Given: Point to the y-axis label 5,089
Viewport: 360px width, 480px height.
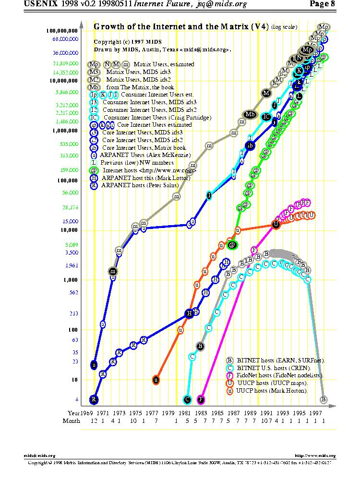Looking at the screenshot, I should pos(71,244).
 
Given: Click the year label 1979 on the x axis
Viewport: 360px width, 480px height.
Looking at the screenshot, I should pos(168,413).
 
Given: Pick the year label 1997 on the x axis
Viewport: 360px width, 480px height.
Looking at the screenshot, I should pos(315,413).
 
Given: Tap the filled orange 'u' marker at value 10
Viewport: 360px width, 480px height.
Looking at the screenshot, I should pos(156,380).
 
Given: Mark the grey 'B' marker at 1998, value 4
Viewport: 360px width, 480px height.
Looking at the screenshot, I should pos(324,399).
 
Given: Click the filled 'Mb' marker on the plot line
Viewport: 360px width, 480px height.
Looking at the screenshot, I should pos(250,114).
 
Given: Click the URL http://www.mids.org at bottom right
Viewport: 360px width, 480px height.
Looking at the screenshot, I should pos(315,456).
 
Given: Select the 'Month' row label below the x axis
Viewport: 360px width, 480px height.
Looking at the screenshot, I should pos(72,421).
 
